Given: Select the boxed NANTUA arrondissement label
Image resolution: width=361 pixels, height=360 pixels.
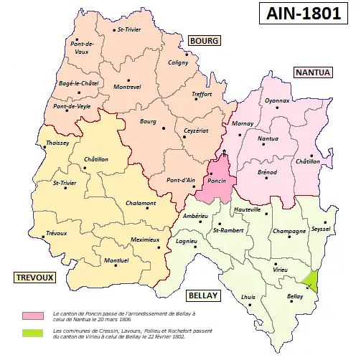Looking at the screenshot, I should (312, 72).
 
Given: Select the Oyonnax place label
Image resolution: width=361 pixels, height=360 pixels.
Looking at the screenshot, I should (277, 102).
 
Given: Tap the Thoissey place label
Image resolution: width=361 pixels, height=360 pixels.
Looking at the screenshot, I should (57, 143).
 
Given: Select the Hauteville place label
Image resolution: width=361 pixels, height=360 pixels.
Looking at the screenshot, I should (247, 209).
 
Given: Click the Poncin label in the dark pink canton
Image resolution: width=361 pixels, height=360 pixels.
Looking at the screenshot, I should (216, 181).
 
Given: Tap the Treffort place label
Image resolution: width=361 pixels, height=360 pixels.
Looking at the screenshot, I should (202, 94).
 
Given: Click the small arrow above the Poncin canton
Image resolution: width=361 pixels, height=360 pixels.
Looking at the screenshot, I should (224, 153).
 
